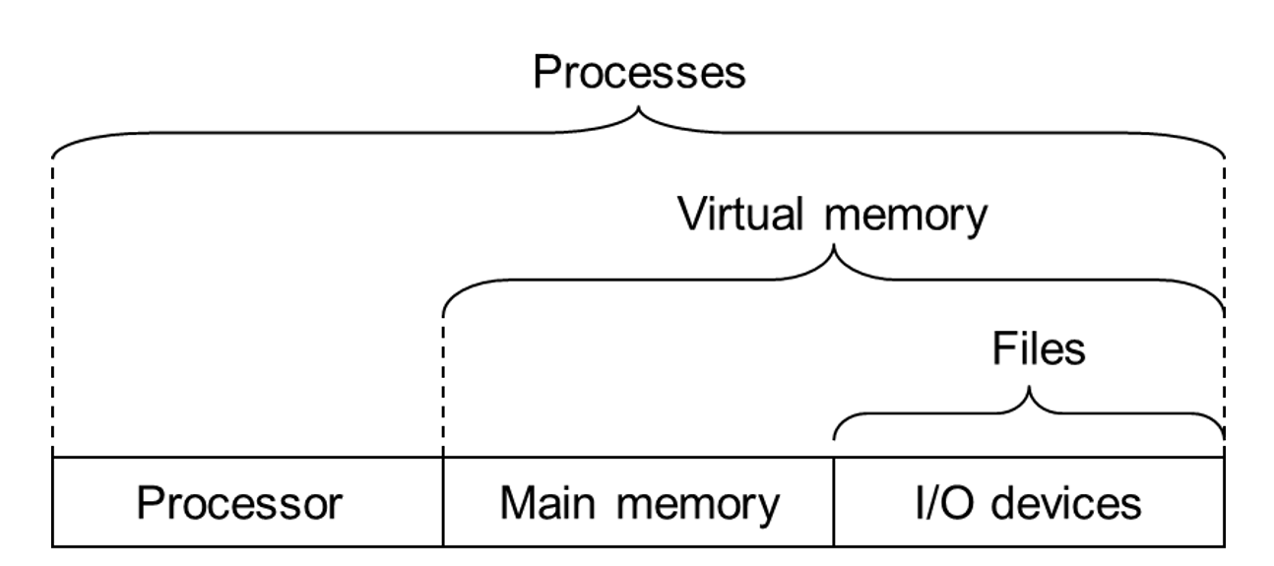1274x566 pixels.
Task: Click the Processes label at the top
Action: [639, 73]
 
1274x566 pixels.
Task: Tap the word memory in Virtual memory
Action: [905, 217]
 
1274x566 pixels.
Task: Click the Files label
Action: [1038, 348]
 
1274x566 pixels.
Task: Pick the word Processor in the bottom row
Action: [239, 503]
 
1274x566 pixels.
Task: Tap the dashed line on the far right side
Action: [1225, 295]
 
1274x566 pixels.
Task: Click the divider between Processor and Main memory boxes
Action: [443, 501]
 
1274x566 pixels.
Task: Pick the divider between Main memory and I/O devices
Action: [834, 501]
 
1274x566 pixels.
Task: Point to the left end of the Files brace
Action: [836, 433]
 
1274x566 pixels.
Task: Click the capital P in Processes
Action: [545, 73]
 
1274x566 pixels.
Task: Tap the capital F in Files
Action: [1000, 348]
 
